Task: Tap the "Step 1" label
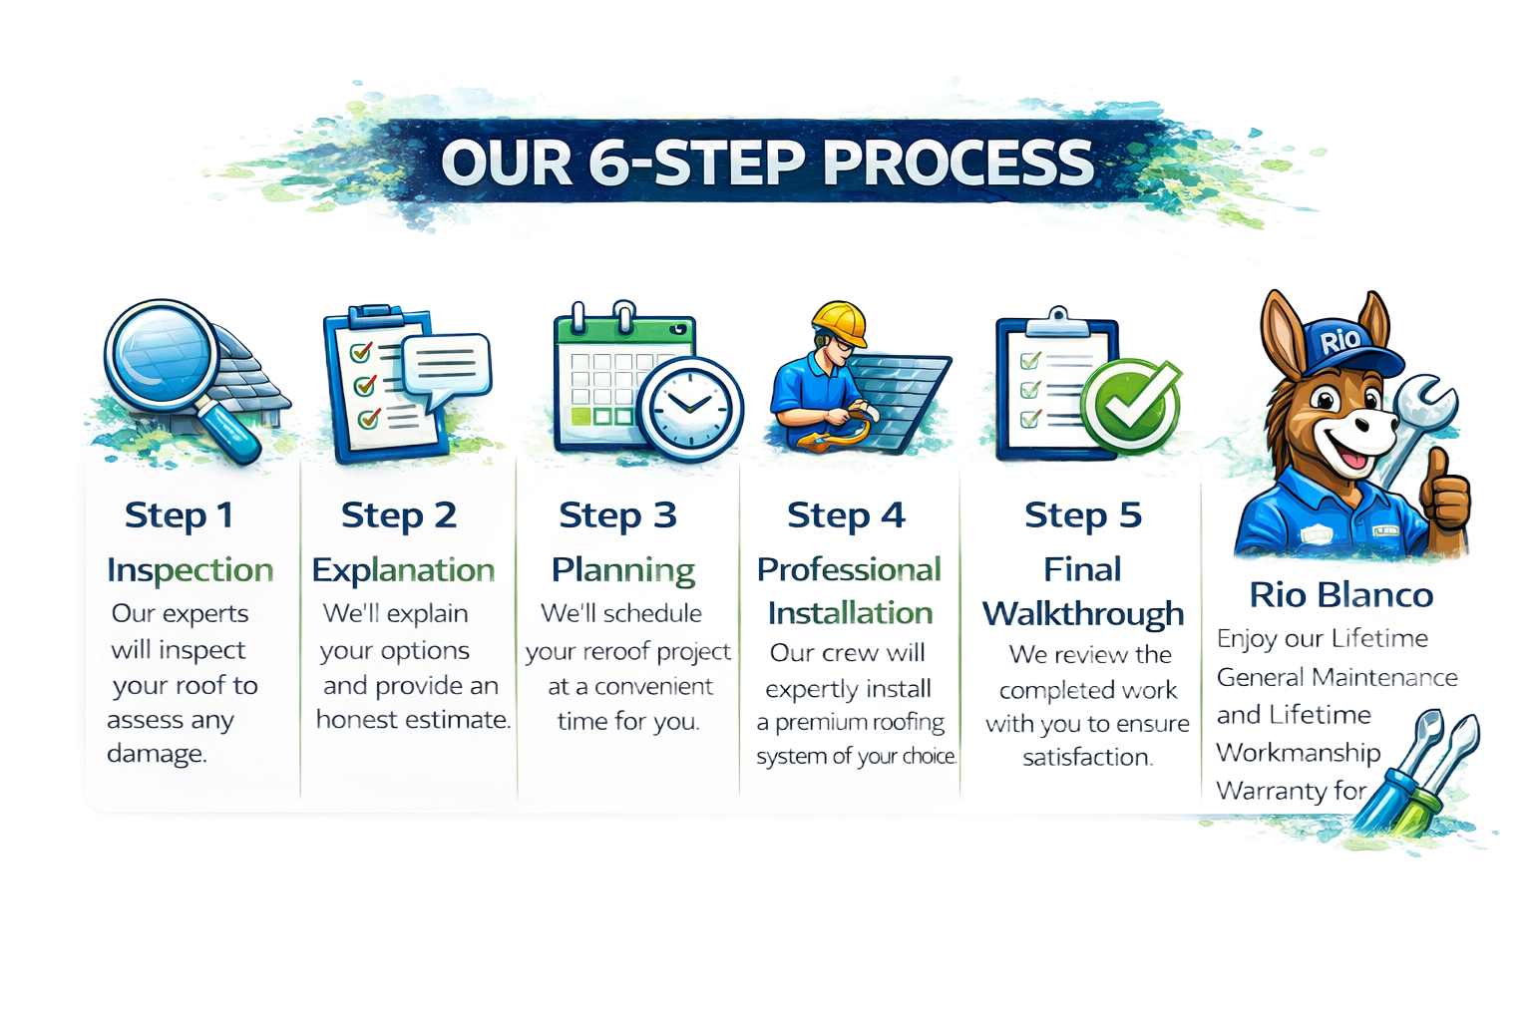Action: tap(180, 515)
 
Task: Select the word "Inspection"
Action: tap(190, 569)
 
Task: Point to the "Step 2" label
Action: tap(398, 515)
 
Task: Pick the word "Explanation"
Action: tap(403, 569)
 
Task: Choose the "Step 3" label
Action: tap(617, 515)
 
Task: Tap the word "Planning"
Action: tap(623, 569)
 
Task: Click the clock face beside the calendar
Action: tap(690, 405)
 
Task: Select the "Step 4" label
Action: tap(846, 515)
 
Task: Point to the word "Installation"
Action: tap(850, 612)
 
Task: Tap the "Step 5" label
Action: tap(1082, 515)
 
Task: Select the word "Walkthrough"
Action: tap(1083, 613)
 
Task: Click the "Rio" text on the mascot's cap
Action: tap(1340, 341)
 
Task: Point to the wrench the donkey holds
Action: tap(1421, 409)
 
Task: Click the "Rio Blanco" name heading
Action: tap(1340, 595)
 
